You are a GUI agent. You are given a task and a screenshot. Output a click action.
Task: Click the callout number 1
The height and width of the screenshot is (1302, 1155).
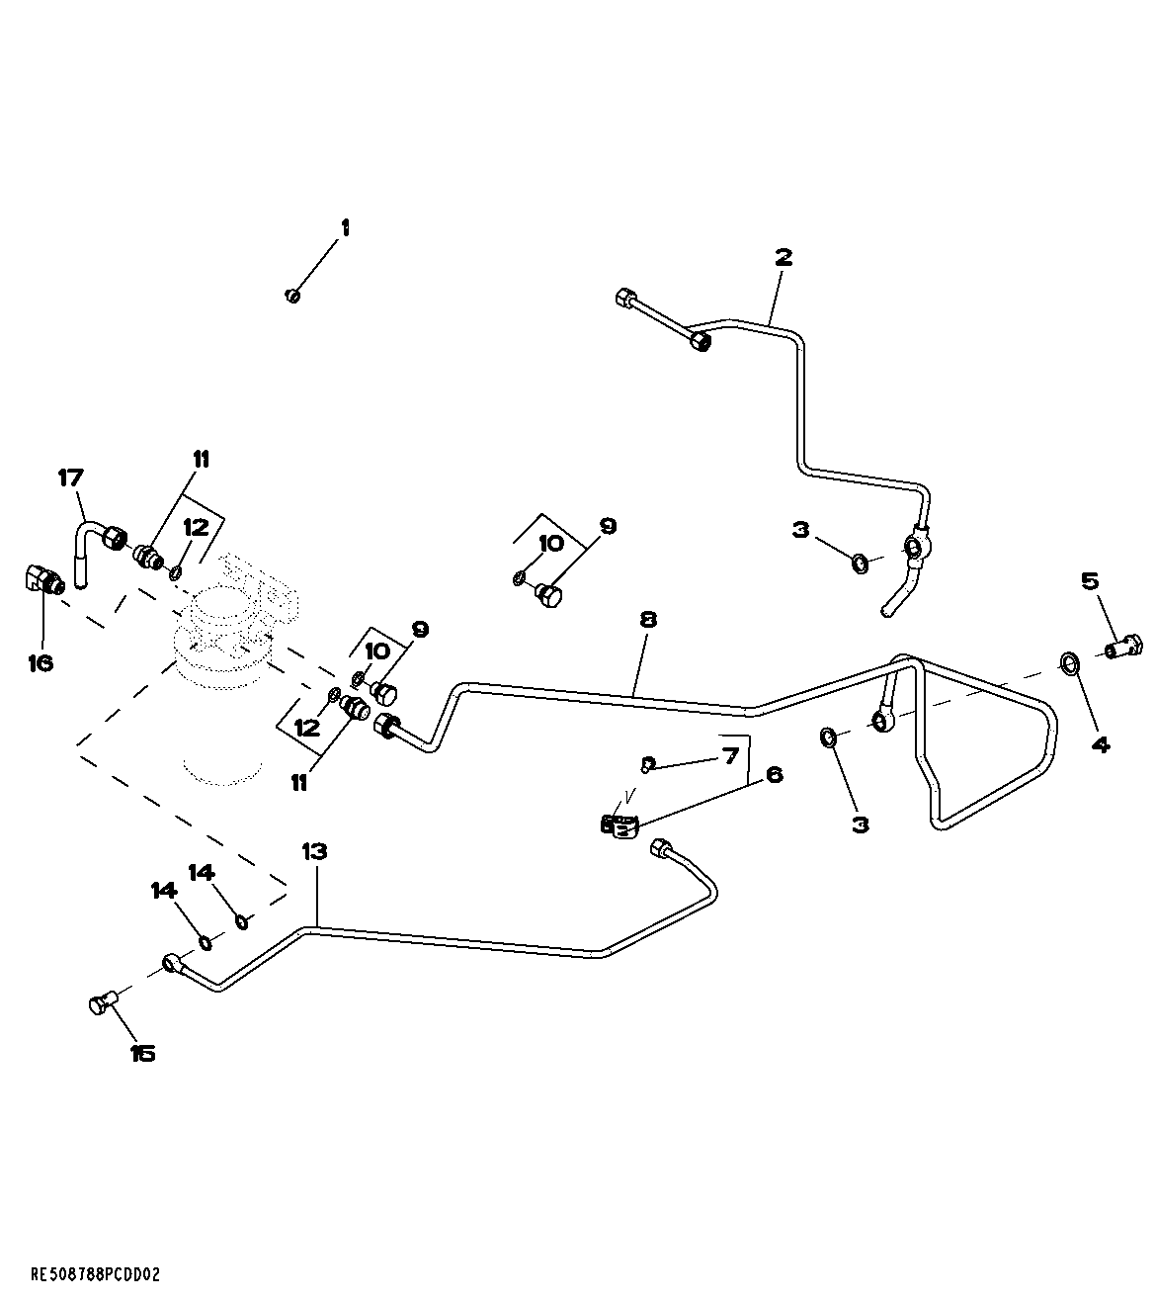tap(345, 227)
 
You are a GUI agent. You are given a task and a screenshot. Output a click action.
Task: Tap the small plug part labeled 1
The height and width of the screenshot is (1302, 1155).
tap(292, 296)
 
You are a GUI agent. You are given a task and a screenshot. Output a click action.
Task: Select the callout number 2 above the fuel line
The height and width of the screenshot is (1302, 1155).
tap(783, 257)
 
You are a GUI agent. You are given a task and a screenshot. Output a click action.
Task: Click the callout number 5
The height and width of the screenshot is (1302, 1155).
tap(1090, 580)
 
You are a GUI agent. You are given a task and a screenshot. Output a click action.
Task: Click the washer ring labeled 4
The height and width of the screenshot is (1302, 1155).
tap(1069, 662)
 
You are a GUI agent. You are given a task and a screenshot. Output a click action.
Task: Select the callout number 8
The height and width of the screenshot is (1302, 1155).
tap(647, 619)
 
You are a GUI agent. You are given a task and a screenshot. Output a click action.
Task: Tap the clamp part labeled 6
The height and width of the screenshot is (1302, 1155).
tap(618, 824)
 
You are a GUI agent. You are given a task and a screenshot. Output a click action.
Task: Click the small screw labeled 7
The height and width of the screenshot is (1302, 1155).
tap(647, 762)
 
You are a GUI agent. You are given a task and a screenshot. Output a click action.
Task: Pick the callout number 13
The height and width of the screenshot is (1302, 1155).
tap(314, 850)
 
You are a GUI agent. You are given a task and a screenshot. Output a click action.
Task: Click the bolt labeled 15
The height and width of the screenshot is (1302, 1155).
tap(102, 1004)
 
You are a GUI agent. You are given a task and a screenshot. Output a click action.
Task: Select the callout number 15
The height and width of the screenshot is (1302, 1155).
tap(143, 1054)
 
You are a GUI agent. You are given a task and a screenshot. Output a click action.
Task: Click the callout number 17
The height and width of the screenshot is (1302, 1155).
tap(70, 478)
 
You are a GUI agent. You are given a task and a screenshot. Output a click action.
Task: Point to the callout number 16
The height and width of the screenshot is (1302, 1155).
tap(40, 662)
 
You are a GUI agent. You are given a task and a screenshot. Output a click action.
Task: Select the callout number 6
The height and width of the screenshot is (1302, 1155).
tap(774, 774)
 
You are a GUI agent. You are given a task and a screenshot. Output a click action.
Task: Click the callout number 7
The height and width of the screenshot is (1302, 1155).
tap(730, 756)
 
